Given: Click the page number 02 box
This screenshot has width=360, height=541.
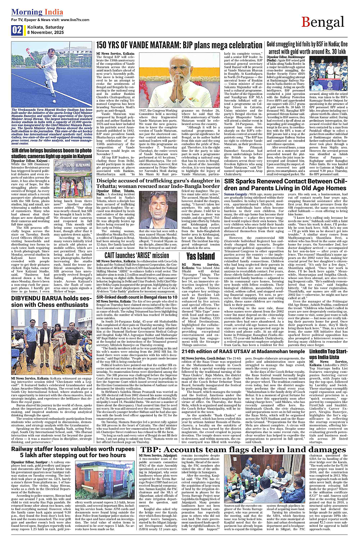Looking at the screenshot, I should (17, 30).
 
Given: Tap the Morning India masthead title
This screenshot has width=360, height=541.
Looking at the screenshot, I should (37, 12).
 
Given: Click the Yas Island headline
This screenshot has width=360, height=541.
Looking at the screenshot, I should (200, 256).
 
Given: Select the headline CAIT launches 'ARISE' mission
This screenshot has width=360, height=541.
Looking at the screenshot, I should (136, 255).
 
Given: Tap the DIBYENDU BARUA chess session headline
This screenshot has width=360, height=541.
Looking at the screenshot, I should (50, 302).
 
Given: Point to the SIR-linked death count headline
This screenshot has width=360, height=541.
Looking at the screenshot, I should (136, 297).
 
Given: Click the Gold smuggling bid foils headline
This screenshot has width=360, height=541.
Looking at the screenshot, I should (307, 48).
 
